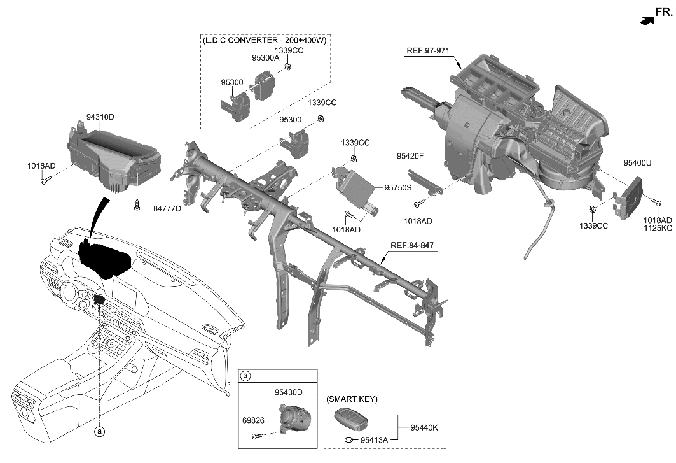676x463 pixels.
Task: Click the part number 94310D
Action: (x=100, y=117)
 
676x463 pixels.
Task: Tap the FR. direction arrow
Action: (x=647, y=21)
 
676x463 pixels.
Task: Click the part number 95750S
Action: (x=397, y=188)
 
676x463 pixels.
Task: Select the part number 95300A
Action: (x=266, y=57)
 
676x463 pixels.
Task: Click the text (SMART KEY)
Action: (x=352, y=399)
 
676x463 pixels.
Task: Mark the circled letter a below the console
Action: (x=99, y=432)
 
